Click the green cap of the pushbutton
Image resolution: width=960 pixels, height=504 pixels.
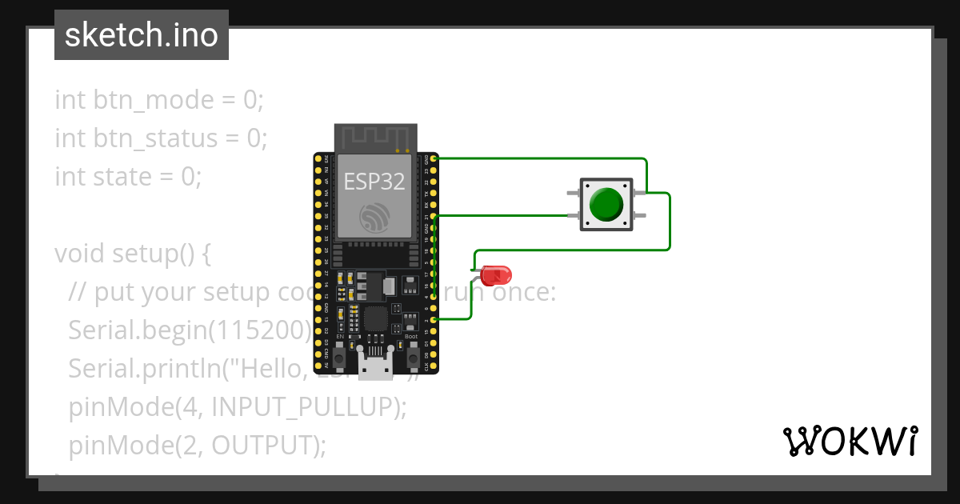point(606,205)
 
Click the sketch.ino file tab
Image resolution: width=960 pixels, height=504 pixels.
point(141,35)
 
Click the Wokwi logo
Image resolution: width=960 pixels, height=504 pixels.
point(850,441)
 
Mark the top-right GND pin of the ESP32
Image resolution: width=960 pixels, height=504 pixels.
point(434,160)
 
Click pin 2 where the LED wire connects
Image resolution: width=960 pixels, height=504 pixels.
point(434,319)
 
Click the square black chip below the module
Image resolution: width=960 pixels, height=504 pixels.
point(375,318)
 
